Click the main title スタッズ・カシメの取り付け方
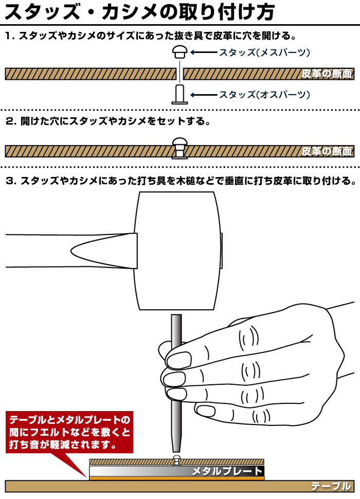click(139, 12)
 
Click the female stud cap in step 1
click(180, 51)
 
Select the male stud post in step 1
click(179, 94)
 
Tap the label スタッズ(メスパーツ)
click(264, 52)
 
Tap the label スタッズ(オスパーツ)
click(264, 95)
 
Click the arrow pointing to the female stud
click(204, 52)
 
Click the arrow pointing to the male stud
click(204, 95)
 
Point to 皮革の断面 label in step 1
click(327, 74)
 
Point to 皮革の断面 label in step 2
click(327, 151)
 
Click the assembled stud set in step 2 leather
click(179, 148)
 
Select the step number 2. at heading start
click(11, 121)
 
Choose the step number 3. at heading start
click(11, 181)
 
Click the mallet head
click(177, 251)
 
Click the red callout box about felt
click(69, 432)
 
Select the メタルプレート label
click(227, 471)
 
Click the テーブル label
click(331, 486)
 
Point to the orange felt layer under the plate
click(177, 478)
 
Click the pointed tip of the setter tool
click(176, 452)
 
